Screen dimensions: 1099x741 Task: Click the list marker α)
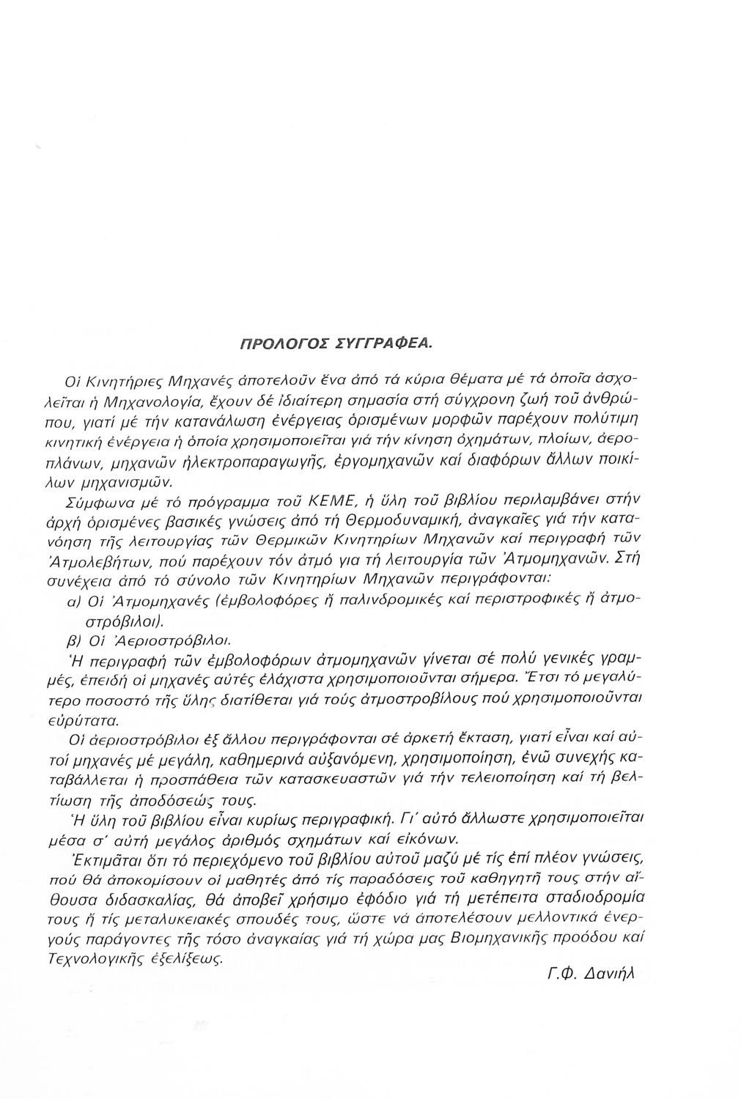pyautogui.click(x=73, y=601)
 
